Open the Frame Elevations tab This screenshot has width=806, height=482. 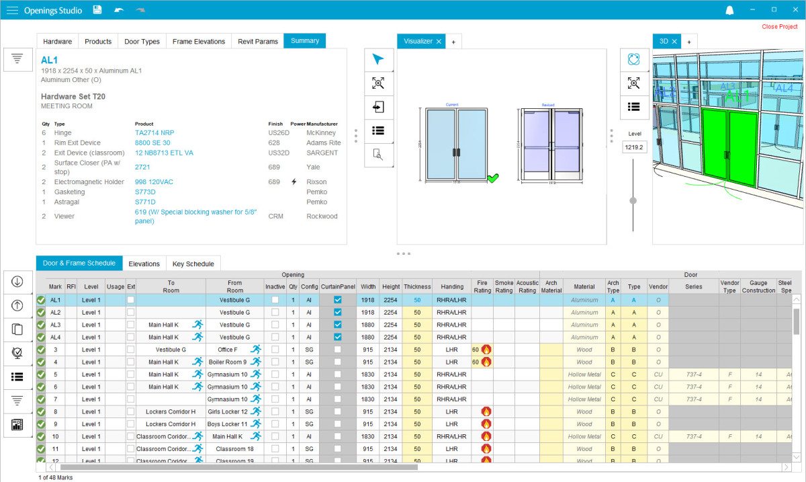click(x=198, y=42)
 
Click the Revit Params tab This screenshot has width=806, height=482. click(x=258, y=42)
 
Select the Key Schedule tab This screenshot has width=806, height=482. click(x=193, y=264)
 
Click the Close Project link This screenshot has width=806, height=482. click(x=779, y=27)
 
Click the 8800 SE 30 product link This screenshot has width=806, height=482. click(x=152, y=143)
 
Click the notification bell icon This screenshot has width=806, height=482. click(x=729, y=10)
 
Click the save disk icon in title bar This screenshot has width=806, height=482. click(x=97, y=10)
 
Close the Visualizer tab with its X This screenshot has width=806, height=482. click(x=439, y=42)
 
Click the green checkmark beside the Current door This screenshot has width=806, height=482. click(x=493, y=178)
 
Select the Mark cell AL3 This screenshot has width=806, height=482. click(x=55, y=325)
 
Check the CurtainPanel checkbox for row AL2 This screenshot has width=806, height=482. click(x=338, y=313)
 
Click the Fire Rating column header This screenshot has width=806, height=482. click(x=482, y=287)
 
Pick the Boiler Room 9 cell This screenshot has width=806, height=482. click(x=227, y=362)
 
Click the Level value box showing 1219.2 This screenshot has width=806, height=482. click(x=633, y=147)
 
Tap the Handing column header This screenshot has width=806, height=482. click(x=452, y=287)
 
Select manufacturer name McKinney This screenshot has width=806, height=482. click(x=321, y=133)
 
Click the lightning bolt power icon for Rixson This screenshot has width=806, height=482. click(x=294, y=182)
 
